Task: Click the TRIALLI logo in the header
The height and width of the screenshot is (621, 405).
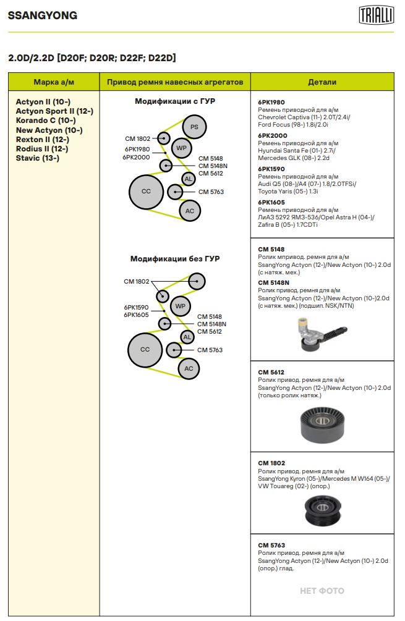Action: [376, 15]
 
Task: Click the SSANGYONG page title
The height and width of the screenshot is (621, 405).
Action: [43, 16]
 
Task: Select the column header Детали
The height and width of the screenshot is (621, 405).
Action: [322, 82]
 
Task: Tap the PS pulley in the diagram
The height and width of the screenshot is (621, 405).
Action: [194, 127]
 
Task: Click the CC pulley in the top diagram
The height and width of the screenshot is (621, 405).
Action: [146, 192]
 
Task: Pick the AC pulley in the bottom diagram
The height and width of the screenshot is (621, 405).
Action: [189, 369]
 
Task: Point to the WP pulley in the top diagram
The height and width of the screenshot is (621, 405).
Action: [181, 148]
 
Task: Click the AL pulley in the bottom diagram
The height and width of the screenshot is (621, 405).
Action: [187, 337]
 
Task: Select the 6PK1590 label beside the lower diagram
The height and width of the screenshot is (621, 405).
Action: [136, 307]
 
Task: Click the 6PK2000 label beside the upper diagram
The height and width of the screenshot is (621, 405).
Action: [136, 157]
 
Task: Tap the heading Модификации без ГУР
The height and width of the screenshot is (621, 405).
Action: [174, 259]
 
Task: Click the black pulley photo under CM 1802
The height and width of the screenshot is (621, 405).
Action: [322, 510]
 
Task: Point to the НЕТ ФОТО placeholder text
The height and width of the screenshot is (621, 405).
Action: [322, 591]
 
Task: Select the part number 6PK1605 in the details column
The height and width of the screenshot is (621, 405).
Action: [271, 202]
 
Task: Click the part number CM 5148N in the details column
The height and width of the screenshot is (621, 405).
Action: [273, 282]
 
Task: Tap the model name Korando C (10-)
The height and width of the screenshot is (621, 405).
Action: [46, 120]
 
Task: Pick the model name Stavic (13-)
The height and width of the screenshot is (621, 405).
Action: [37, 158]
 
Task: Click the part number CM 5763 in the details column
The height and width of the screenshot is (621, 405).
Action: [271, 546]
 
